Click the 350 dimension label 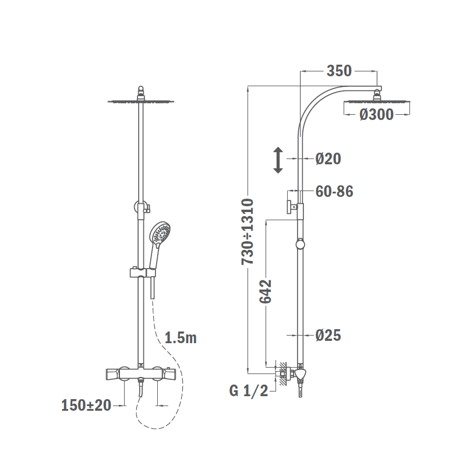tap(339, 71)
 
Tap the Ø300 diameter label tap(376, 115)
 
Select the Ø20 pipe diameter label tap(328, 159)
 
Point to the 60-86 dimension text tap(334, 192)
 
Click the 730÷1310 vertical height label tap(248, 232)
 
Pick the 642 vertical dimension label tap(265, 291)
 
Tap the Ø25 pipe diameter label tap(328, 336)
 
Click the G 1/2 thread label tap(249, 391)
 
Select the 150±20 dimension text tap(86, 406)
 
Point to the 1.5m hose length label tap(181, 338)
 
